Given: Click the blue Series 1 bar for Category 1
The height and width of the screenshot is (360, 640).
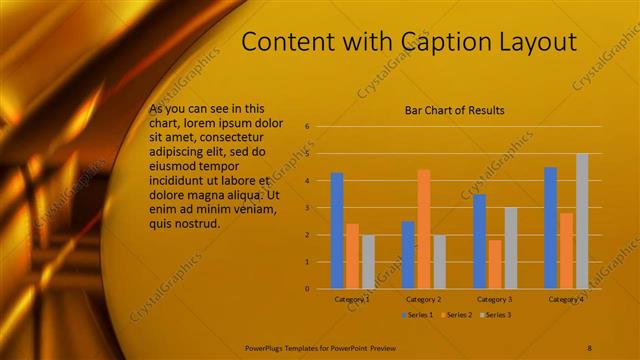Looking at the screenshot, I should (337, 231).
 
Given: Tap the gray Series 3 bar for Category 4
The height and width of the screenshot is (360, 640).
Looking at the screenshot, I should (582, 221).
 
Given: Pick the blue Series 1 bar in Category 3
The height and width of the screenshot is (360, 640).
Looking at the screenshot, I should (479, 241).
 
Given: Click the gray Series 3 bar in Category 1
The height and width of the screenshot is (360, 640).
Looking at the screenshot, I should (368, 262).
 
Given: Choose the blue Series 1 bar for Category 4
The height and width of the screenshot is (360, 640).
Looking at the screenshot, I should (550, 228).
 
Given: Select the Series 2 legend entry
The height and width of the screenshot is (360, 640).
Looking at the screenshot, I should (457, 315).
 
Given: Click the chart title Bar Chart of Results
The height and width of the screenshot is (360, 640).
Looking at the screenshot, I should (454, 110).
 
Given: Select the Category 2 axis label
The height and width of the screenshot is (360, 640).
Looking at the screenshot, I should (423, 299).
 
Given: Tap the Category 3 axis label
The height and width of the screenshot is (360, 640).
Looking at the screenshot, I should (494, 299).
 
